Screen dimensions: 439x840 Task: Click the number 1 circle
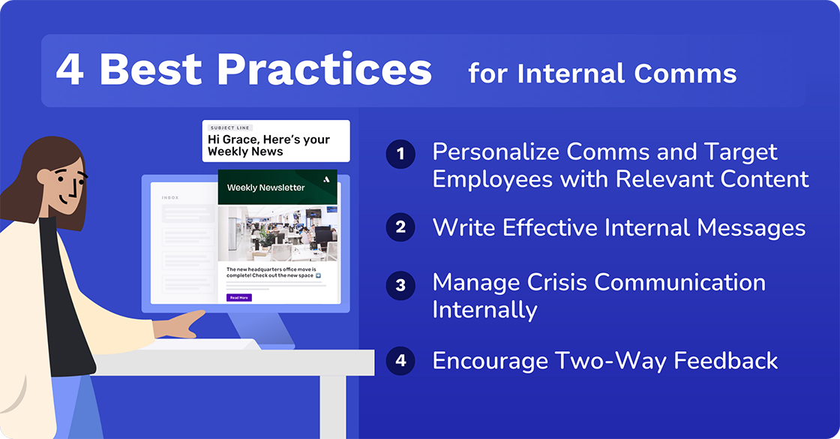point(400,155)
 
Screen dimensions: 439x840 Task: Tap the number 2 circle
point(400,227)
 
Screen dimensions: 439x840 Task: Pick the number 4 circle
point(400,360)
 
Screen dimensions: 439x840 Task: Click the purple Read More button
point(239,298)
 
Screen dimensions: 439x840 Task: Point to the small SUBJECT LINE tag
point(230,128)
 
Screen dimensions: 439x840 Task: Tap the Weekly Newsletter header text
point(265,188)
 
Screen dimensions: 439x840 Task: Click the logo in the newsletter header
point(325,179)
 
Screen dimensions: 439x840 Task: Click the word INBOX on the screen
point(170,198)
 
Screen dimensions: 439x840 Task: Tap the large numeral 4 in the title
point(70,70)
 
